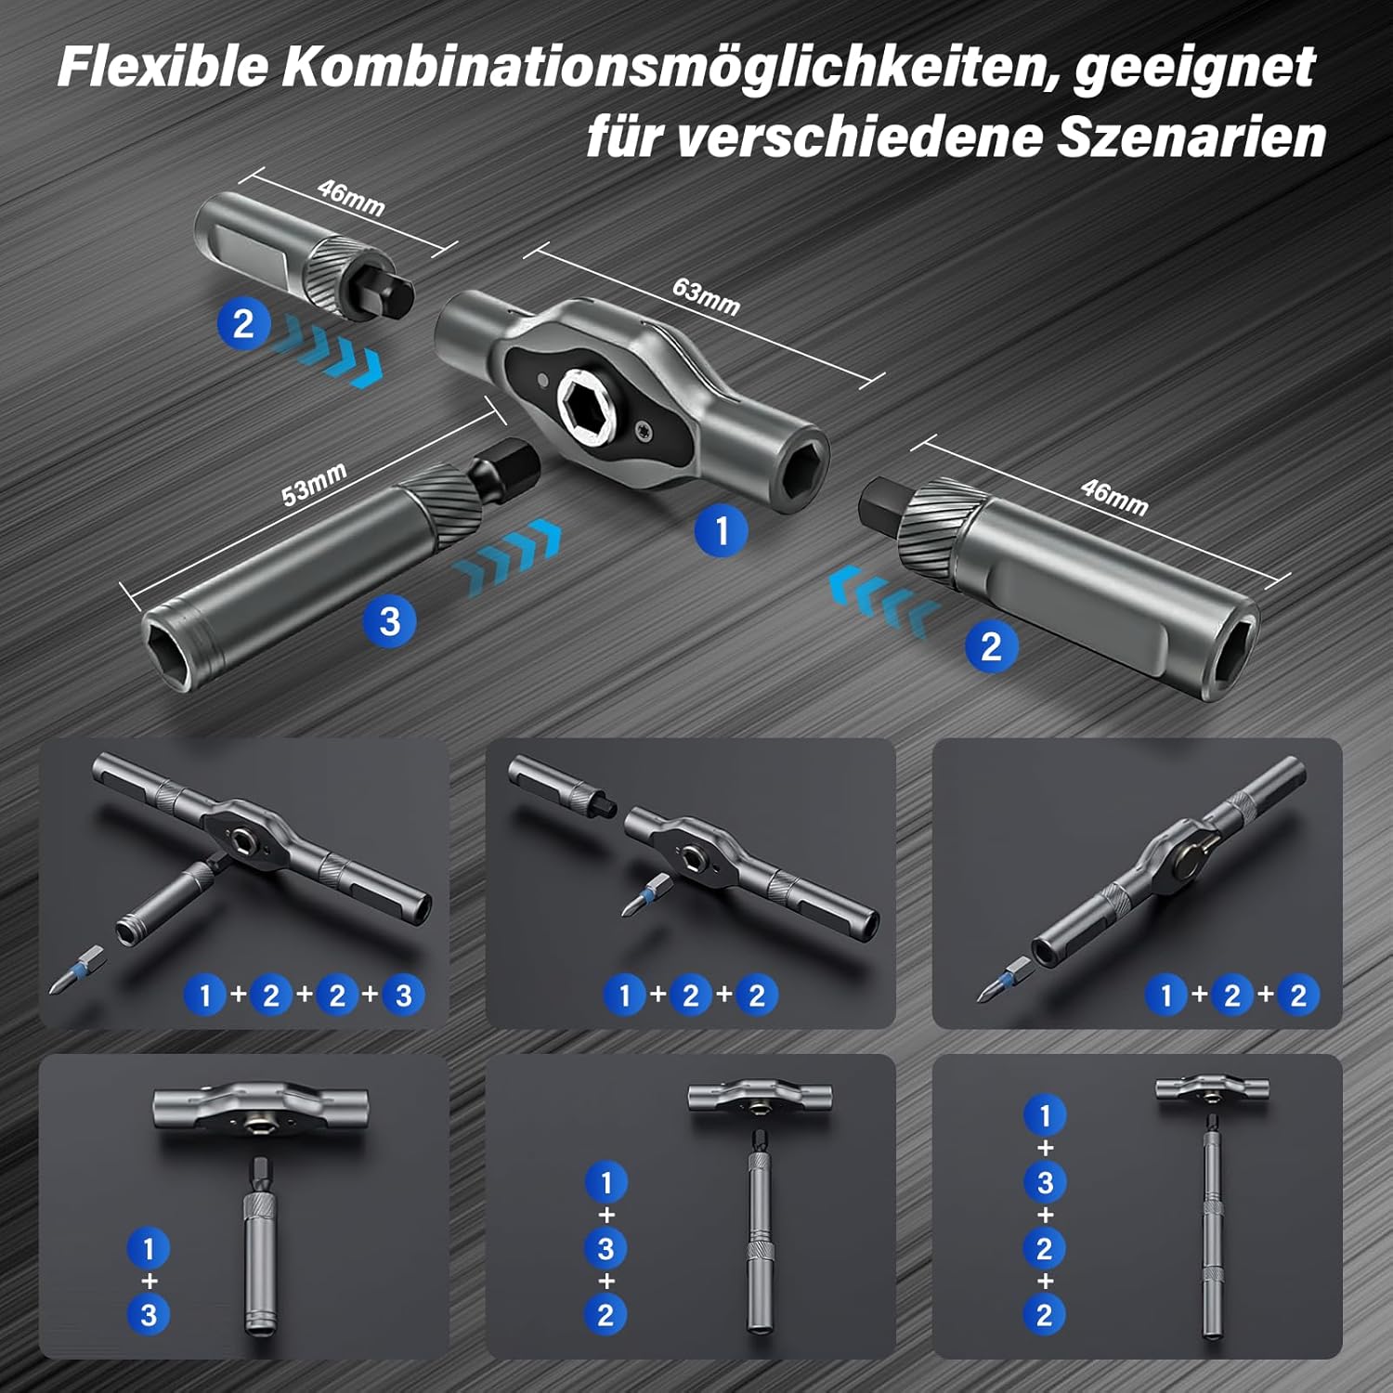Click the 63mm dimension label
pyautogui.click(x=706, y=296)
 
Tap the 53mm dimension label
pyautogui.click(x=314, y=484)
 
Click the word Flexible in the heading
pyautogui.click(x=163, y=67)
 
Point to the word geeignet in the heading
pyautogui.click(x=1194, y=67)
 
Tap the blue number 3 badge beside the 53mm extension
pyautogui.click(x=390, y=620)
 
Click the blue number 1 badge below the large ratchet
pyautogui.click(x=722, y=530)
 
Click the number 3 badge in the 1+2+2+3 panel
pyautogui.click(x=403, y=996)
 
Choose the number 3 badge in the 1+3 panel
pyautogui.click(x=149, y=1314)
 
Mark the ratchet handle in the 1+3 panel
pyautogui.click(x=260, y=1107)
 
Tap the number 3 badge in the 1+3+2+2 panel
pyautogui.click(x=1045, y=1182)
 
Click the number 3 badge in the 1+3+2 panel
pyautogui.click(x=605, y=1248)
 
